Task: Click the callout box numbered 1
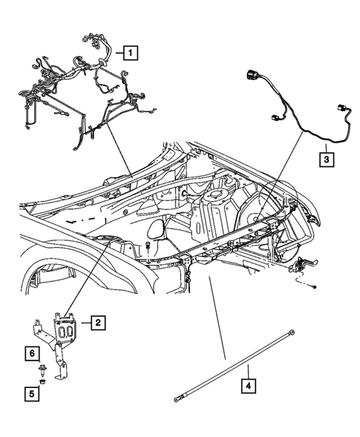click(x=130, y=53)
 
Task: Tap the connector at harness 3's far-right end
click(x=343, y=110)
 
